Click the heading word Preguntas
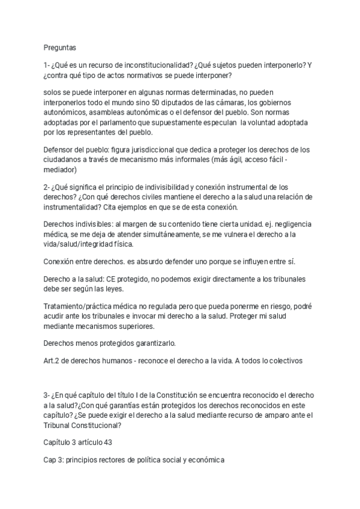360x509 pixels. (x=59, y=46)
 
